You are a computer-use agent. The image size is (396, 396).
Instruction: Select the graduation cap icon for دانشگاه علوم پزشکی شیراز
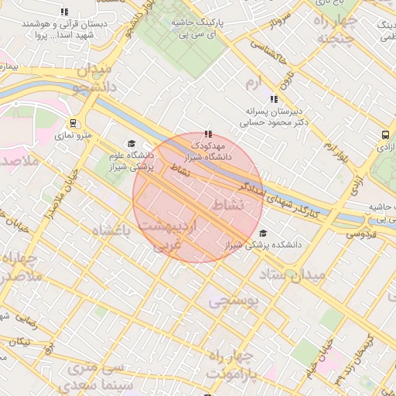(x=131, y=144)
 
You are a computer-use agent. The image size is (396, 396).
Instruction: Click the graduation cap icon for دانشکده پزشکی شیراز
(x=263, y=233)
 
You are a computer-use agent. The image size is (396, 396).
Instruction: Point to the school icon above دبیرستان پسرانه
(x=273, y=99)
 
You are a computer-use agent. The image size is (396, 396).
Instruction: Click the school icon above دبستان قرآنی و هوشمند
(x=64, y=12)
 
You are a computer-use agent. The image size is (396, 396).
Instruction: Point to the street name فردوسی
(x=360, y=233)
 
